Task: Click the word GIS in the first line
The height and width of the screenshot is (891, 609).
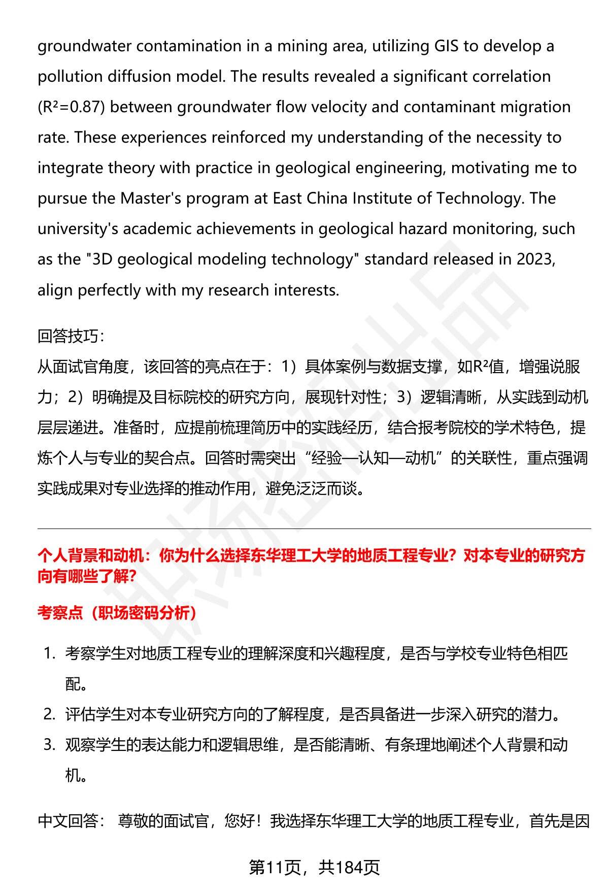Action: [446, 46]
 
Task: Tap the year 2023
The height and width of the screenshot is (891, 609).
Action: [535, 259]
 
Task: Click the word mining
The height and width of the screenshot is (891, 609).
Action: [292, 46]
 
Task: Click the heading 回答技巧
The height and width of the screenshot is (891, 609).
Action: [71, 336]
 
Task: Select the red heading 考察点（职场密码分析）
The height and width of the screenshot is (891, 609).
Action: [117, 613]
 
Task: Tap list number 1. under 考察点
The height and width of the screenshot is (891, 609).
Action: [49, 653]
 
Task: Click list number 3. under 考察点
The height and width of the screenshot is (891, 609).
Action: [49, 745]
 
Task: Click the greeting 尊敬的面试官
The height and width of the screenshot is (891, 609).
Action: [163, 821]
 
